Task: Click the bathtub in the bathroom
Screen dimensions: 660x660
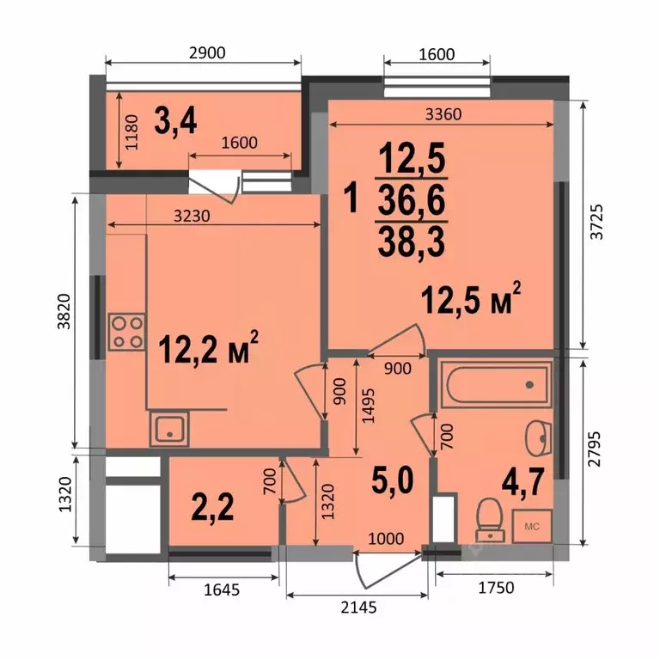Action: (x=497, y=384)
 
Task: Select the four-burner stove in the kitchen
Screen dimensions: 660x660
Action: (x=127, y=332)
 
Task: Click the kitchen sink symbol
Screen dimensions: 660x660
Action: (x=169, y=429)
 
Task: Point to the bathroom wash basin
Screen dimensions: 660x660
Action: (x=539, y=438)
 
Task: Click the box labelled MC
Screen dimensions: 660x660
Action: (x=532, y=526)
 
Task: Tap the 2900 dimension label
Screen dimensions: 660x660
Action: (x=207, y=52)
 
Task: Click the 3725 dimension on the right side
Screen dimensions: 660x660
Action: (x=597, y=222)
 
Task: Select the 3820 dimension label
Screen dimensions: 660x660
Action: (x=64, y=311)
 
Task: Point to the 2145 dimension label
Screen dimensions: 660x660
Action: (x=358, y=608)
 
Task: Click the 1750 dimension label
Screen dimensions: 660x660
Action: (x=496, y=588)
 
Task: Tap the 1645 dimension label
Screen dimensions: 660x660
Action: (x=222, y=590)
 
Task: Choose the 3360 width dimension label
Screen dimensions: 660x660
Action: (x=443, y=114)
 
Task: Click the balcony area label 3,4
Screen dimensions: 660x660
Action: (x=175, y=120)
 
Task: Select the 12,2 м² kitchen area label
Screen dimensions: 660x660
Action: (x=208, y=349)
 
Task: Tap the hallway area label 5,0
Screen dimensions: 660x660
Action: (x=393, y=480)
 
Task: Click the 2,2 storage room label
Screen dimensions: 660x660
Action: (x=212, y=507)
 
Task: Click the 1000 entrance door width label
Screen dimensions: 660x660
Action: (x=386, y=538)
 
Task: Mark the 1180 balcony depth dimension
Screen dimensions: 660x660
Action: (x=131, y=132)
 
